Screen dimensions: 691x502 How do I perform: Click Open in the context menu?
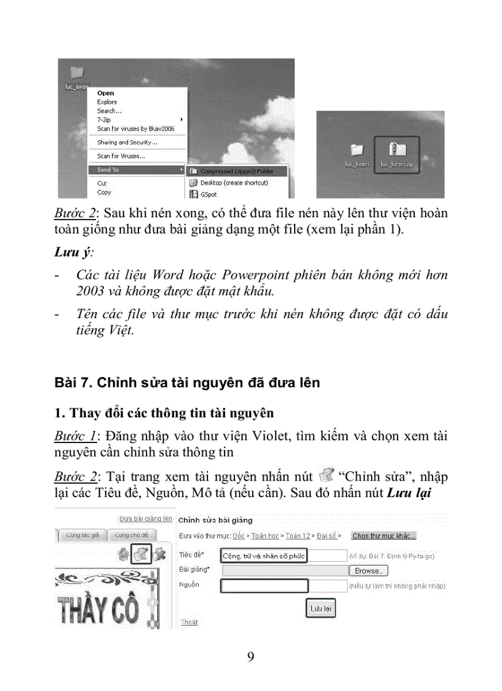pos(105,94)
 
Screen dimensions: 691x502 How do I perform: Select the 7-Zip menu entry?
pos(103,120)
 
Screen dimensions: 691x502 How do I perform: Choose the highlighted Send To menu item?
pos(108,170)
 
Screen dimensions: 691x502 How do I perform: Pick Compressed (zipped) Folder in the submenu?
pos(236,172)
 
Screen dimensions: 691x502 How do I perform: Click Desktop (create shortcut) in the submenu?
pos(234,183)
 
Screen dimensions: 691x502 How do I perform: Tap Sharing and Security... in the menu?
pos(127,143)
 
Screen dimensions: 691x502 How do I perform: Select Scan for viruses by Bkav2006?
pos(135,129)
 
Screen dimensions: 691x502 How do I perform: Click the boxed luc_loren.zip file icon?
pos(396,154)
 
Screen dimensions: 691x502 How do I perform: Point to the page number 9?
pos(250,657)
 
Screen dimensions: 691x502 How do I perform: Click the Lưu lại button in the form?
pos(321,609)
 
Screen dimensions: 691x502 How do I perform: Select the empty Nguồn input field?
pos(263,586)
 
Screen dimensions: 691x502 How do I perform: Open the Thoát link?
pos(189,623)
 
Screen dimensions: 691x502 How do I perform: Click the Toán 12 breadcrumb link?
pos(298,536)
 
